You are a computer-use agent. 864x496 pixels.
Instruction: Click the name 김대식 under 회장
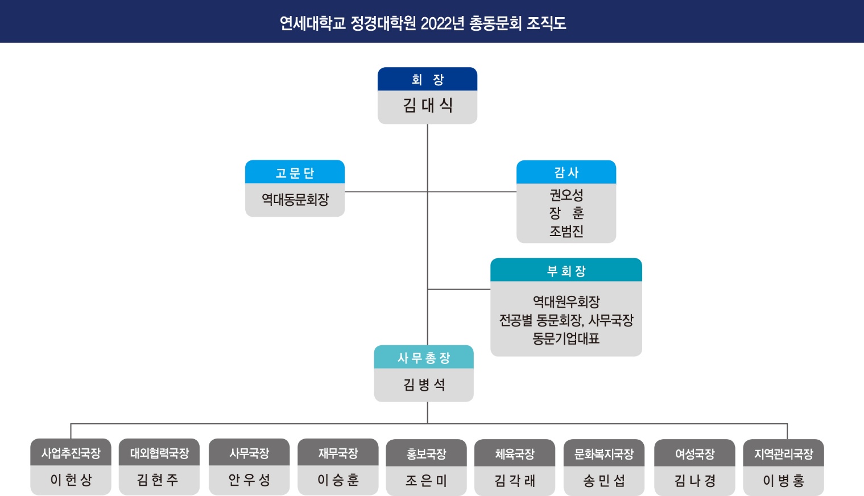(x=427, y=106)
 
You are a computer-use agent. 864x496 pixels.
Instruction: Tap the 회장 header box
(x=427, y=79)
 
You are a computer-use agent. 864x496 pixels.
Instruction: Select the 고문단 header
(x=295, y=172)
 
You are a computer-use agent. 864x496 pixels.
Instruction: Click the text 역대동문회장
(x=295, y=200)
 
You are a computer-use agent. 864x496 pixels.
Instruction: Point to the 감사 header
(x=566, y=172)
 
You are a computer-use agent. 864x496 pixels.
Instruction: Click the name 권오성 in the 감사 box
(x=566, y=195)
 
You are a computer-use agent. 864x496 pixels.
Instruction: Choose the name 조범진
(x=566, y=231)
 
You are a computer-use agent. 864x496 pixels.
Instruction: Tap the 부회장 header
(x=566, y=271)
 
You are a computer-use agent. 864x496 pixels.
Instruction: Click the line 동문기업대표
(x=566, y=339)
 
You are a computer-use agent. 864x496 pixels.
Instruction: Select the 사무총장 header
(x=424, y=358)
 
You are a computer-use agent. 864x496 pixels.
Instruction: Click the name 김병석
(x=424, y=385)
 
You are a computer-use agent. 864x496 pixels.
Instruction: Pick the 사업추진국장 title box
(x=71, y=453)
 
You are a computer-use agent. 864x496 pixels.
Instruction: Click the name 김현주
(x=158, y=480)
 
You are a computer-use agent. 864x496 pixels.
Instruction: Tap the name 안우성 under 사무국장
(x=249, y=480)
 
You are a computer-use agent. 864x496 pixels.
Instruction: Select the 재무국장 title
(x=338, y=453)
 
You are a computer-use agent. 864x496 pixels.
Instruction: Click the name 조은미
(x=426, y=481)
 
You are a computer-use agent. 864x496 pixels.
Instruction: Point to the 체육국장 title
(x=515, y=454)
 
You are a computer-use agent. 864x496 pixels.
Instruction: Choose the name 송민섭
(x=603, y=481)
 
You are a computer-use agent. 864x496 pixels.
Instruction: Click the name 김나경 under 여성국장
(x=694, y=481)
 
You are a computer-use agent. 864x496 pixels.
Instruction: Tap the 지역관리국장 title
(x=783, y=454)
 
